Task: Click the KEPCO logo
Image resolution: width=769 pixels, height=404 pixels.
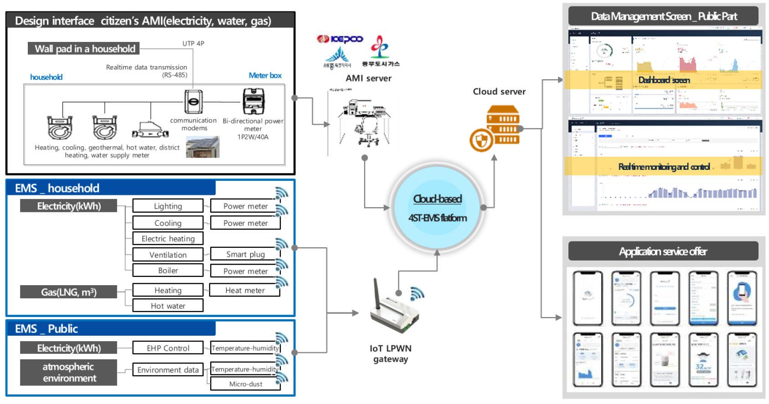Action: pyautogui.click(x=340, y=39)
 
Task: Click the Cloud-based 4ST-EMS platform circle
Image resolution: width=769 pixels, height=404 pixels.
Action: pyautogui.click(x=437, y=208)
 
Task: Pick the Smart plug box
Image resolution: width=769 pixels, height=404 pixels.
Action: pyautogui.click(x=245, y=254)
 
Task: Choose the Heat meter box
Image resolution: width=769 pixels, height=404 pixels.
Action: pyautogui.click(x=245, y=290)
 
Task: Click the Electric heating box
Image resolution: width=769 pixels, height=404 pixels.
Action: pyautogui.click(x=168, y=239)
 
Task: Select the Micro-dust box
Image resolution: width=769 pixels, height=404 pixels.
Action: pyautogui.click(x=245, y=384)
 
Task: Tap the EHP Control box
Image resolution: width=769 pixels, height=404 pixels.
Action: pyautogui.click(x=168, y=348)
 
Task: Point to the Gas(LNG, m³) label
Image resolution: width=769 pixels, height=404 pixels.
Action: pyautogui.click(x=68, y=292)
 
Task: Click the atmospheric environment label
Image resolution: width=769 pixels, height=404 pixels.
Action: pyautogui.click(x=69, y=373)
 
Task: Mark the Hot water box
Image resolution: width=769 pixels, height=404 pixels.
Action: pyautogui.click(x=168, y=306)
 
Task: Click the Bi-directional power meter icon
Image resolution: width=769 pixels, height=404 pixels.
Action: pyautogui.click(x=253, y=101)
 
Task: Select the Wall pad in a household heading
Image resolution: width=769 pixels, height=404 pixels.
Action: pyautogui.click(x=84, y=49)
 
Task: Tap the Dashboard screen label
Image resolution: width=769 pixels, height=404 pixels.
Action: pyautogui.click(x=664, y=80)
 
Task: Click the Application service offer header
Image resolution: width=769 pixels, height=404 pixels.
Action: pyautogui.click(x=663, y=251)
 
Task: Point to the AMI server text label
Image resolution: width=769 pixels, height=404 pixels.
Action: pyautogui.click(x=368, y=78)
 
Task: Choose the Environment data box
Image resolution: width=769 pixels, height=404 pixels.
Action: pyautogui.click(x=168, y=370)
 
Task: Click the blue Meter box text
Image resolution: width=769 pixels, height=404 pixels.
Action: pyautogui.click(x=265, y=76)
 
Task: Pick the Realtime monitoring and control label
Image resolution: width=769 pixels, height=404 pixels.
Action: pyautogui.click(x=664, y=167)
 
